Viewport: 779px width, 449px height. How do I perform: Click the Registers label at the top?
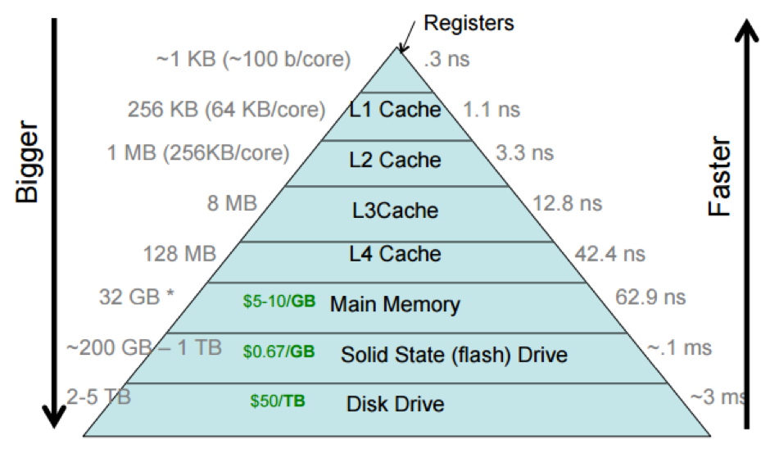coord(469,23)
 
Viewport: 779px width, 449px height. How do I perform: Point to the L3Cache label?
coord(396,211)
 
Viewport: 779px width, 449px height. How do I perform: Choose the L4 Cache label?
coord(396,254)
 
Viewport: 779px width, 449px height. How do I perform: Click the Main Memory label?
coord(395,305)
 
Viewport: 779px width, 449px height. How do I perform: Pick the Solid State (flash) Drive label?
coord(454,355)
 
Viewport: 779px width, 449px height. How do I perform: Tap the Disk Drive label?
coord(395,404)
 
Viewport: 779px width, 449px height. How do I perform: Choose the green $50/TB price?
coord(278,402)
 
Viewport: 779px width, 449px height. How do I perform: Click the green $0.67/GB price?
coord(279,352)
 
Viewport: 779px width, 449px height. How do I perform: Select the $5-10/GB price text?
coord(279,302)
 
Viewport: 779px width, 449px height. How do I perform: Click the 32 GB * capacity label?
coord(137,296)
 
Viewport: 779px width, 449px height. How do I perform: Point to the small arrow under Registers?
coord(405,39)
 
